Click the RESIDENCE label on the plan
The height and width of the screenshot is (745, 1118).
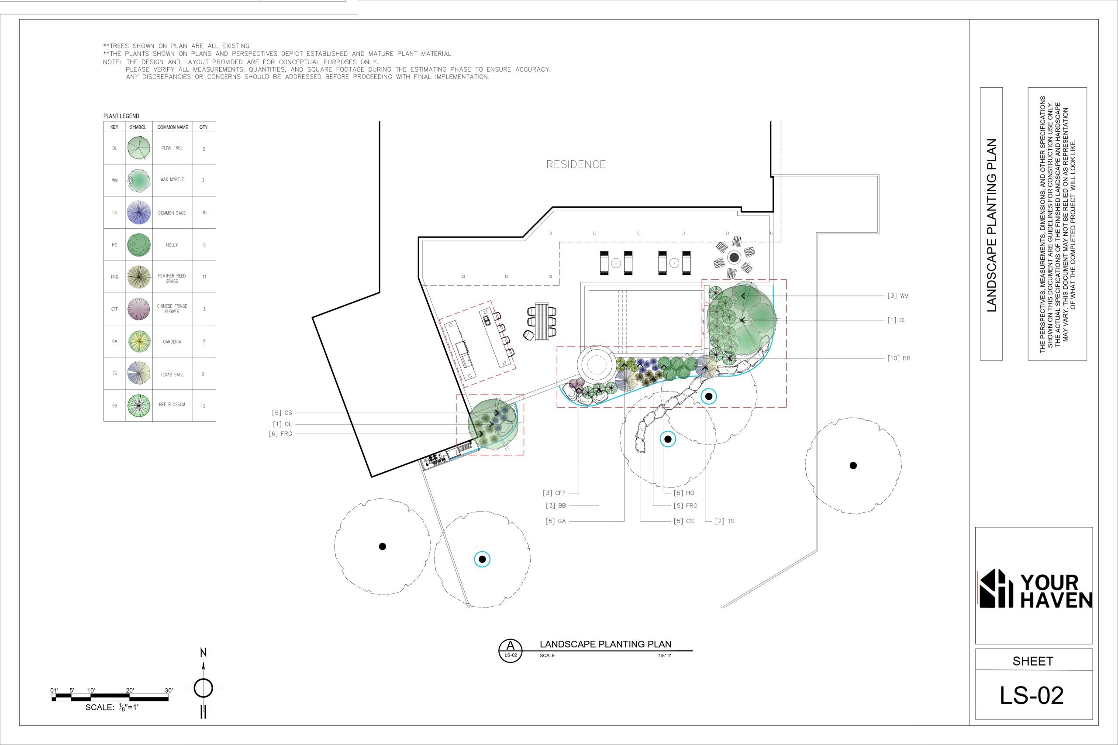pyautogui.click(x=576, y=165)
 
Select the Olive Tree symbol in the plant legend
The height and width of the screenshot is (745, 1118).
pyautogui.click(x=139, y=148)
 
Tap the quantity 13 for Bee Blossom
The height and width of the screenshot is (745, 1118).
pyautogui.click(x=203, y=406)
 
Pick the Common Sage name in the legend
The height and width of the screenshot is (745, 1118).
pyautogui.click(x=172, y=213)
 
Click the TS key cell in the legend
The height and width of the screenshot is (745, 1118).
pyautogui.click(x=114, y=374)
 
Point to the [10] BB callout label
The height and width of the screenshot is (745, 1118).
pyautogui.click(x=898, y=358)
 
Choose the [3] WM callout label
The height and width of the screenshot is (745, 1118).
pyautogui.click(x=897, y=295)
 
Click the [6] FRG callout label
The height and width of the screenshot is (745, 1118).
pyautogui.click(x=280, y=434)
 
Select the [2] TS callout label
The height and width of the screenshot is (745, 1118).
pyautogui.click(x=725, y=521)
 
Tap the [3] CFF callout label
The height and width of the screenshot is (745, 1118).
pyautogui.click(x=554, y=493)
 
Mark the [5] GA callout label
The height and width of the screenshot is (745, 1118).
pyautogui.click(x=556, y=521)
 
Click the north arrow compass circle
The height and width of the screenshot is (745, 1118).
pyautogui.click(x=204, y=687)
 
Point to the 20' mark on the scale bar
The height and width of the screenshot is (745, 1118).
pyautogui.click(x=130, y=690)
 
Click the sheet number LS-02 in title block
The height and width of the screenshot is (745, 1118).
pyautogui.click(x=1032, y=696)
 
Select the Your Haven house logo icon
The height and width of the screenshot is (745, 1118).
pyautogui.click(x=996, y=588)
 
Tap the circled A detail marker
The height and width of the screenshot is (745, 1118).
pyautogui.click(x=511, y=650)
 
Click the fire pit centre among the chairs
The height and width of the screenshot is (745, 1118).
pyautogui.click(x=735, y=257)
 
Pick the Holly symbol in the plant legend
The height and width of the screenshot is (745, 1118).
pyautogui.click(x=139, y=245)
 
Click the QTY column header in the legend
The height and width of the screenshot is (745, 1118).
pyautogui.click(x=204, y=127)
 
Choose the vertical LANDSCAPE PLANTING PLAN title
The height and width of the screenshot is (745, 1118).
pyautogui.click(x=991, y=225)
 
